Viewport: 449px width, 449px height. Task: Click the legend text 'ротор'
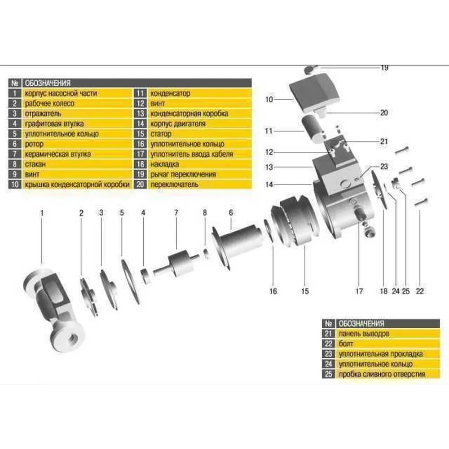pos(34,144)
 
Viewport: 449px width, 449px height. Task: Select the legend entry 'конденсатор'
pos(170,93)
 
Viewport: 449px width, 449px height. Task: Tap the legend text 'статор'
pos(161,134)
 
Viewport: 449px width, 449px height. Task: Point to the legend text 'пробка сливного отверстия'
pos(382,374)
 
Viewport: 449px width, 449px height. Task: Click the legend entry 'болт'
pos(346,343)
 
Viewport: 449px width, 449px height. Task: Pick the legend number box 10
pos(15,185)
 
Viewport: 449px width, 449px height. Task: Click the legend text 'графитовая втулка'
pos(54,124)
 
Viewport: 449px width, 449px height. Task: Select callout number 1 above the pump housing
pos(42,213)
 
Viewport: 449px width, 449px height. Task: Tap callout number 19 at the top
pos(385,68)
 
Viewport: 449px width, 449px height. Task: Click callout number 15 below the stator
pos(305,291)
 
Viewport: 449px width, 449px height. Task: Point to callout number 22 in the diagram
pos(420,291)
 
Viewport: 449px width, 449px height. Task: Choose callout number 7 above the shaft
pos(176,213)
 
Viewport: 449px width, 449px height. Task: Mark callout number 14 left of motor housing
pos(269,185)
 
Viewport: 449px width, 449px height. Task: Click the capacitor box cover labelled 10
pos(314,92)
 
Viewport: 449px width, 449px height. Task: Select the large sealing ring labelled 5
pos(130,282)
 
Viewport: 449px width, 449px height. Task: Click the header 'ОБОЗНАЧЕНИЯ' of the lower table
pos(361,324)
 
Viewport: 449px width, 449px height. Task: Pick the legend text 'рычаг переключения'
pos(183,174)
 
